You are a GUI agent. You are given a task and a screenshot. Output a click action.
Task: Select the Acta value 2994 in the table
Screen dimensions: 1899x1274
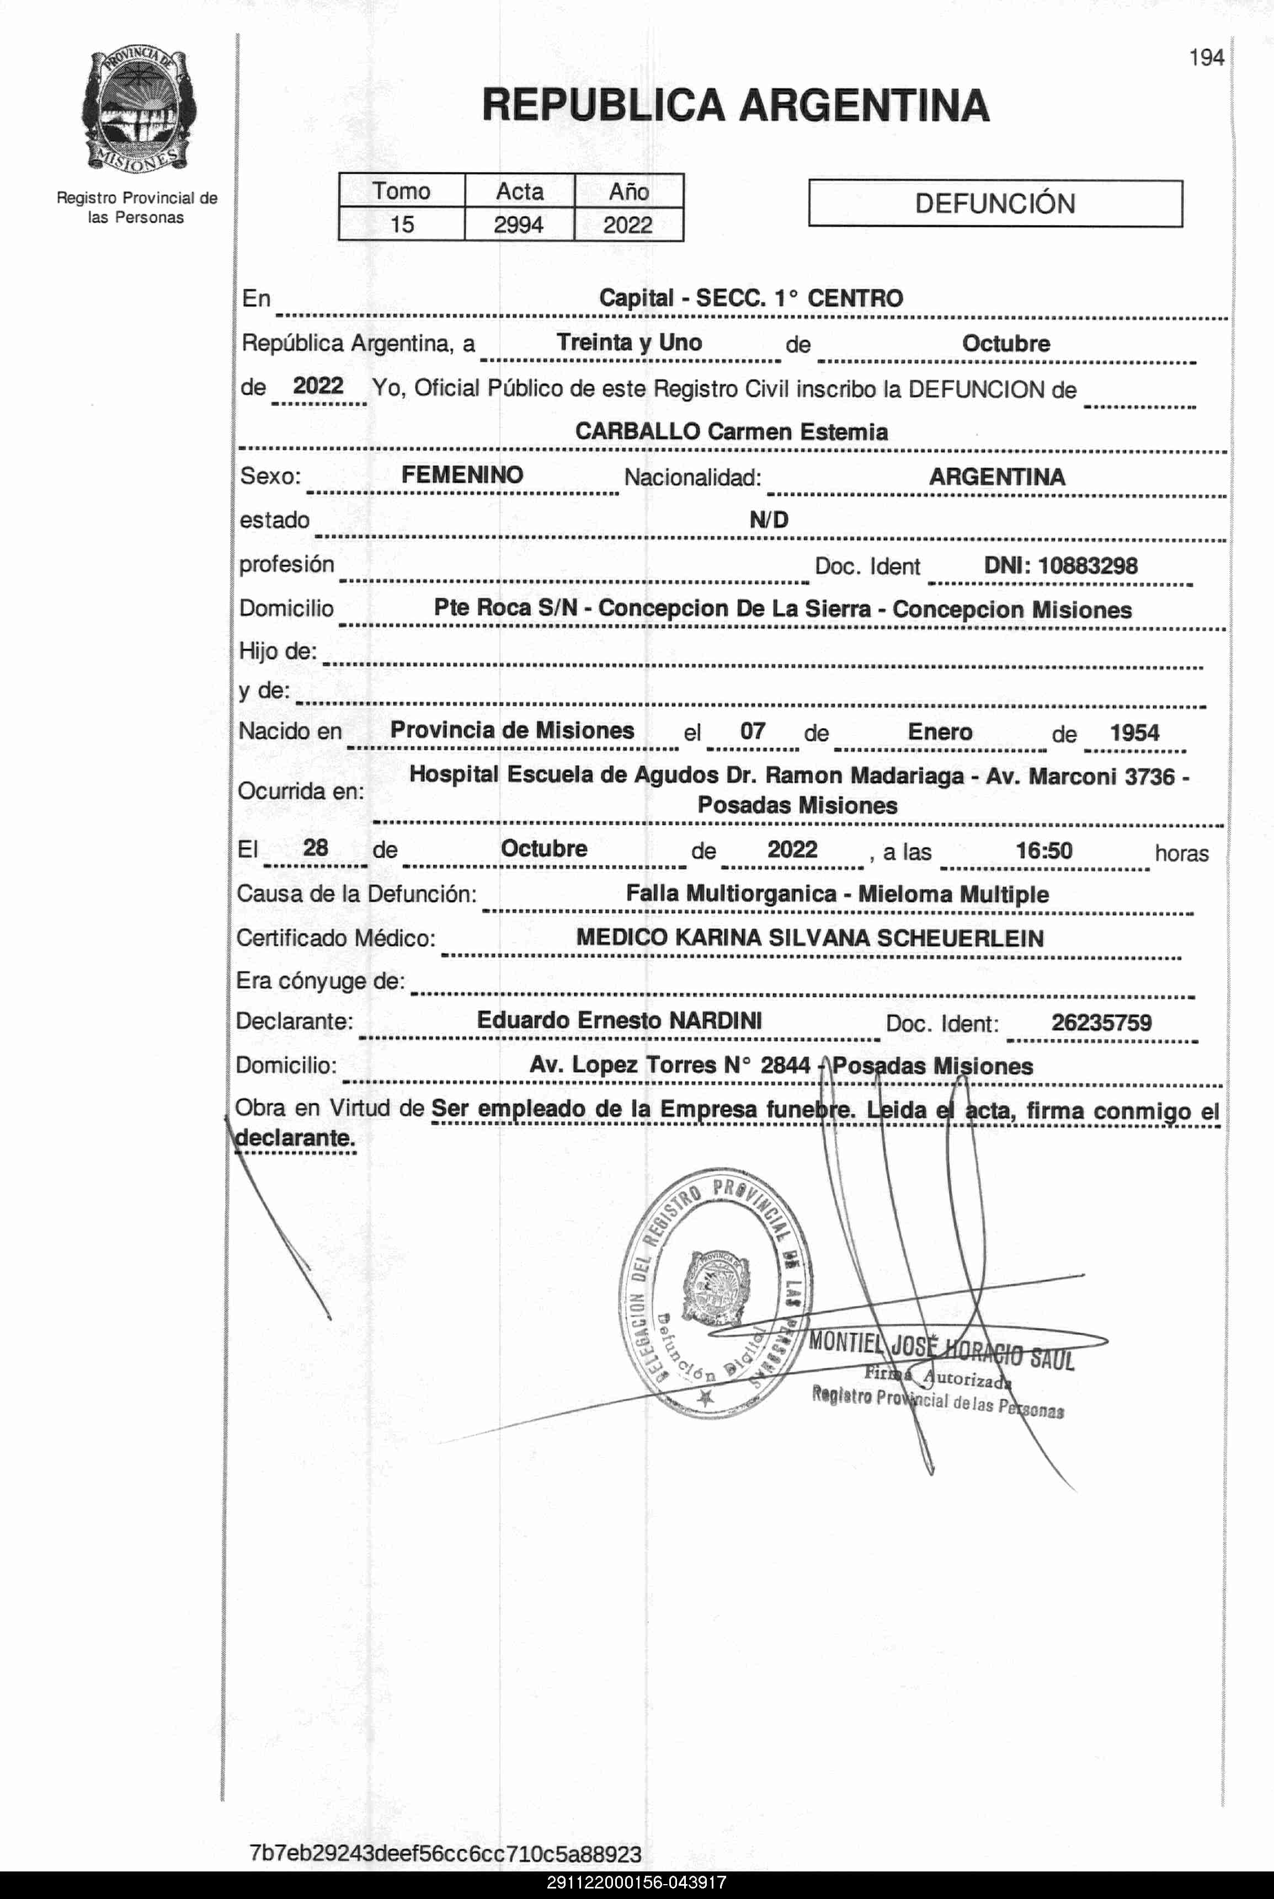[519, 224]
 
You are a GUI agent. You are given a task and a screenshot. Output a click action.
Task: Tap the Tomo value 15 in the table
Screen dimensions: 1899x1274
[401, 224]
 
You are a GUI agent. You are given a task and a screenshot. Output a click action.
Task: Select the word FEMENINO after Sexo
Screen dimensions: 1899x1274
[462, 475]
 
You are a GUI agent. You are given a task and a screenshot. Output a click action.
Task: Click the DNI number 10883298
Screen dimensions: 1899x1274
[1087, 565]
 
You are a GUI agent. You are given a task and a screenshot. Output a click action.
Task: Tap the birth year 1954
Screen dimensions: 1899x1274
[1134, 732]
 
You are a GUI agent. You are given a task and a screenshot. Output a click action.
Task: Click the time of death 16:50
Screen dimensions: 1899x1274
[1044, 850]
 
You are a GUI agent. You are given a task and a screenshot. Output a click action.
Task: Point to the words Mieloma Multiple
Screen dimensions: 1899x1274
[953, 894]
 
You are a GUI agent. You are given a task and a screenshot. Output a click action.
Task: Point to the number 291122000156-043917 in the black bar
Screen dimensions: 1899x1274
[636, 1883]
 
